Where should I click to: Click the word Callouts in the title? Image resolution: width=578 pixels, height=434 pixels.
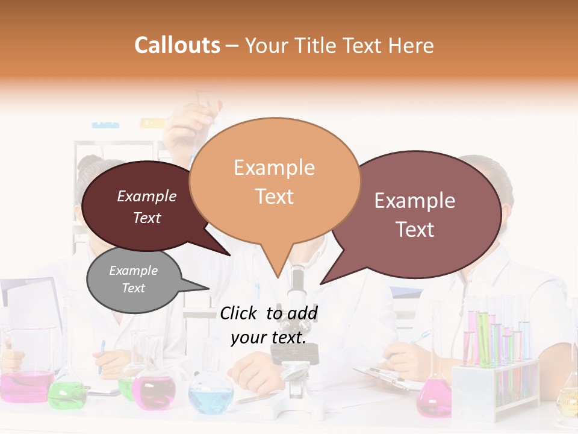point(177,45)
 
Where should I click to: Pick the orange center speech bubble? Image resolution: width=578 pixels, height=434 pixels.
point(275,181)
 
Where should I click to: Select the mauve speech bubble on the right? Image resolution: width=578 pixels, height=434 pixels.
point(415,214)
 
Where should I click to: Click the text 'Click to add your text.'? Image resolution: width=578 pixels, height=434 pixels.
point(268,325)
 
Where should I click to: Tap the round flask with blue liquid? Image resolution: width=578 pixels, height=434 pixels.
point(210,395)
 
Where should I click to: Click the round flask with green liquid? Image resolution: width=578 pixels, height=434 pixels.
point(66,392)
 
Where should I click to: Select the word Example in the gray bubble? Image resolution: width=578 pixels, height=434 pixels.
point(133,271)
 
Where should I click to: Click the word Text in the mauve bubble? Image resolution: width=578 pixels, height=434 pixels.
point(415,230)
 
